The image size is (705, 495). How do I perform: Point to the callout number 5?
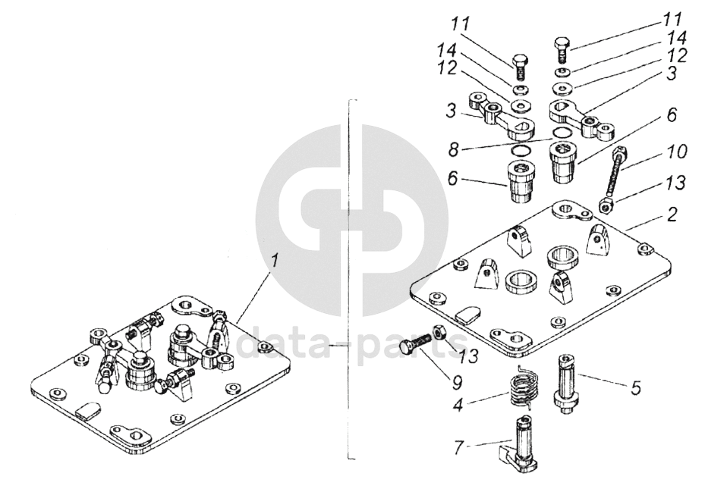[635, 387]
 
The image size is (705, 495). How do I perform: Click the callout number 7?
[458, 448]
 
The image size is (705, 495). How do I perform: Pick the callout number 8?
[453, 149]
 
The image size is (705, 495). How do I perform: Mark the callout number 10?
[675, 152]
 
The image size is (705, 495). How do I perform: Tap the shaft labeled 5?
[567, 385]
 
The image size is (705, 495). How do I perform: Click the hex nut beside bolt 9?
[439, 332]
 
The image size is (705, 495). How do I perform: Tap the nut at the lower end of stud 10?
[606, 205]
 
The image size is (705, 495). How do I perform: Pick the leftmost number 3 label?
[452, 111]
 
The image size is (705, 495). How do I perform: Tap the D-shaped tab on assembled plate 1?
[86, 411]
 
